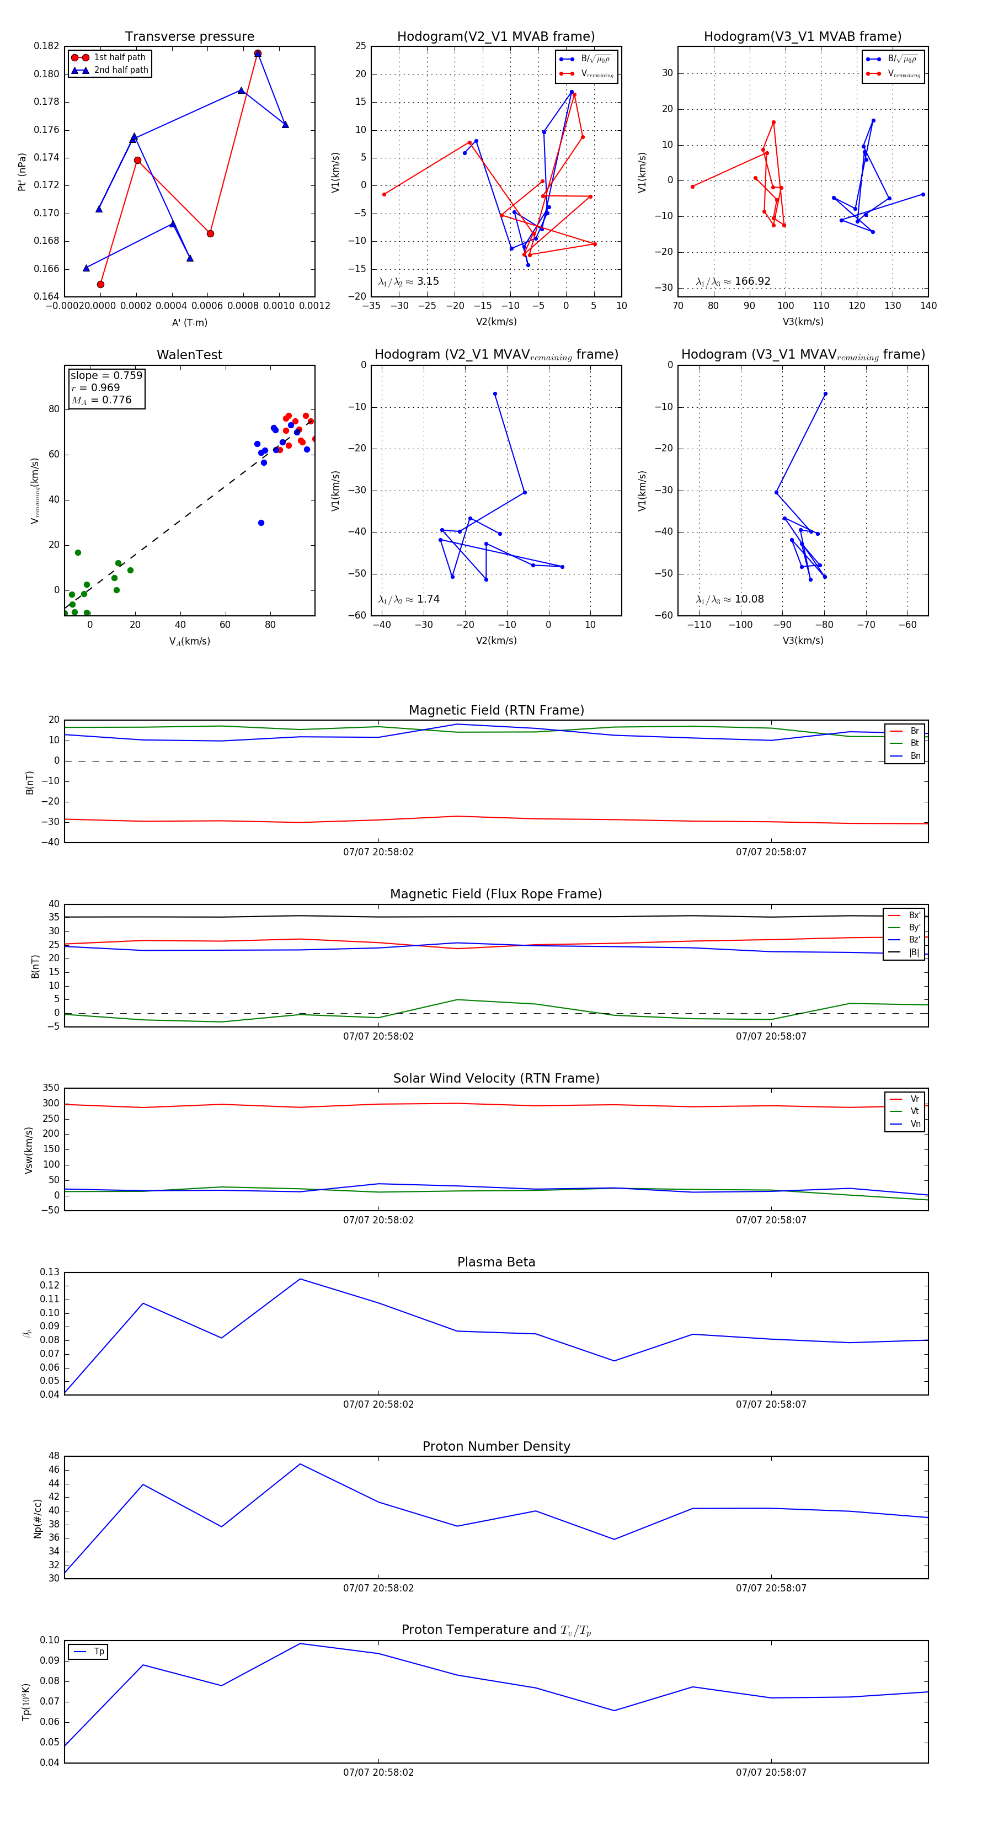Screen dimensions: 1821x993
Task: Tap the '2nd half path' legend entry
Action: (121, 70)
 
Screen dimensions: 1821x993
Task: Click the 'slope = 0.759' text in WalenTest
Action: (106, 375)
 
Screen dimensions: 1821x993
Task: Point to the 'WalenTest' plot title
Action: (189, 355)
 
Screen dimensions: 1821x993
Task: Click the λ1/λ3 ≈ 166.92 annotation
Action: (733, 281)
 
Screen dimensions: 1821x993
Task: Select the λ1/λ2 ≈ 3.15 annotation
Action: (408, 281)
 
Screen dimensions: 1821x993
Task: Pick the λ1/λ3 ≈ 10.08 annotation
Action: (730, 599)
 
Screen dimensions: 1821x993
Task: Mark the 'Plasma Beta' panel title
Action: (496, 1262)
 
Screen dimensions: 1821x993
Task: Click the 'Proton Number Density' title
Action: (496, 1446)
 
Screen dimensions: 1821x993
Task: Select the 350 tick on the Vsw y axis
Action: (51, 1088)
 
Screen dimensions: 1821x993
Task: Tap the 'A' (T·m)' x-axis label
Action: (189, 322)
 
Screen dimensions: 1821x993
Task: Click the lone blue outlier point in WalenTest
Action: (261, 523)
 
